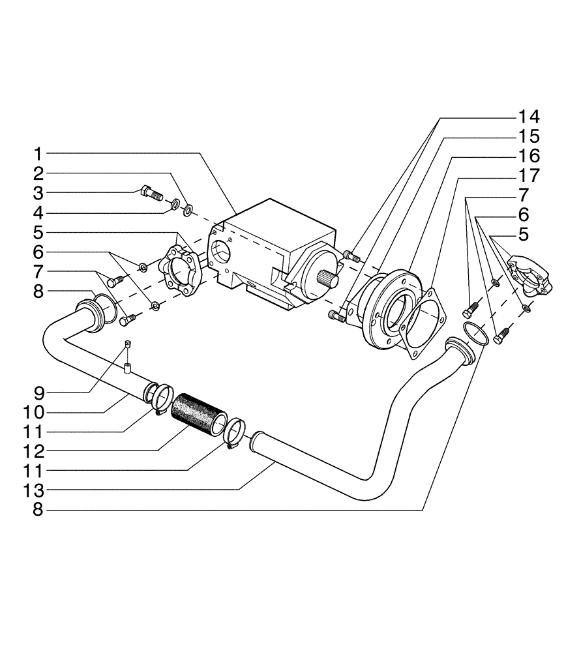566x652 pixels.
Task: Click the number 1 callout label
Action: tap(38, 154)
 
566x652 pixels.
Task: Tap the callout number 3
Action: tap(38, 193)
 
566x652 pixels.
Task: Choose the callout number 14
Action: tap(529, 117)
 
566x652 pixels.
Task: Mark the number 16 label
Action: tap(529, 156)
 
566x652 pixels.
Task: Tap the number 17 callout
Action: tap(529, 176)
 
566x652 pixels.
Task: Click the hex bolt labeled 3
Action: tap(151, 193)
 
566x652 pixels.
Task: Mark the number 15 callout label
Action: tap(529, 137)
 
